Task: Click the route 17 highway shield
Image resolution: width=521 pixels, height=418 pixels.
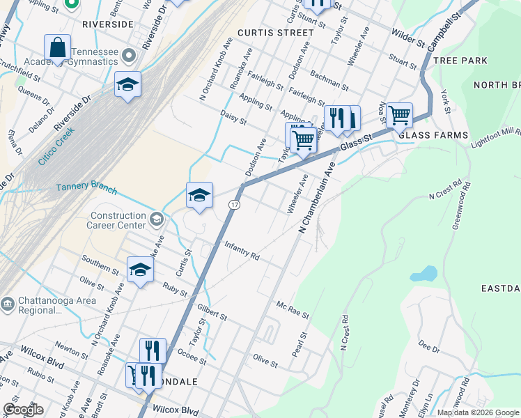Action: click(235, 203)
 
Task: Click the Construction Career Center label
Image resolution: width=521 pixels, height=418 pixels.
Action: click(116, 220)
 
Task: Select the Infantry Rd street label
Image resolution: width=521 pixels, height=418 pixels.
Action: click(242, 251)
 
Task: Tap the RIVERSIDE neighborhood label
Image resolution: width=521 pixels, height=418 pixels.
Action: click(107, 24)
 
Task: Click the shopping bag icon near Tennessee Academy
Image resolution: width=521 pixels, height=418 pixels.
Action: click(58, 49)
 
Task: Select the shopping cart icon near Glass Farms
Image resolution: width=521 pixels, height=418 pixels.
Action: click(399, 115)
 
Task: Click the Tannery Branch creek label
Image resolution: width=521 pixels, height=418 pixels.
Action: click(86, 188)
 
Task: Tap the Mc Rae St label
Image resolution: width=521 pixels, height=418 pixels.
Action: click(293, 310)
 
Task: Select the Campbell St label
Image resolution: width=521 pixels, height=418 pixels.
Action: click(446, 29)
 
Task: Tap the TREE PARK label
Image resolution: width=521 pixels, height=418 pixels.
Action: click(460, 61)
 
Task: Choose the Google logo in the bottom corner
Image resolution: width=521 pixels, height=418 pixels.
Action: click(23, 410)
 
